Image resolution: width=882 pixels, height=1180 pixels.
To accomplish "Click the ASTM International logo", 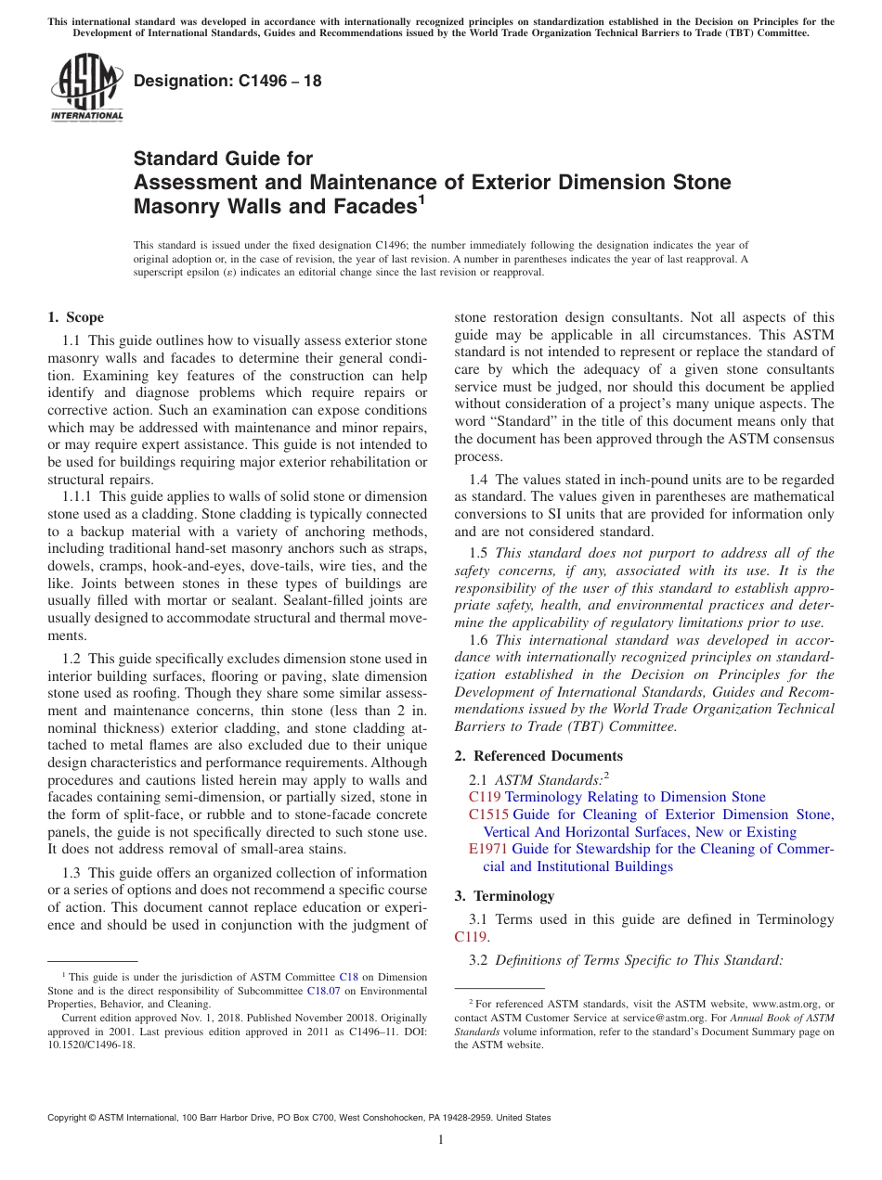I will tap(85, 87).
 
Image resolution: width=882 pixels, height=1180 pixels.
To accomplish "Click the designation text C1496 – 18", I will tap(227, 81).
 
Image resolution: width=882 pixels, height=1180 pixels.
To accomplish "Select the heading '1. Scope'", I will tap(75, 317).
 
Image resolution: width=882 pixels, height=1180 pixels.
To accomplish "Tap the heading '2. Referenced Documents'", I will tap(538, 755).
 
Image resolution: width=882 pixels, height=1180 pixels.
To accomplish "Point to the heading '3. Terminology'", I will tap(504, 895).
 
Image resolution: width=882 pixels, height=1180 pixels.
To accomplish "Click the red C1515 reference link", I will tap(488, 814).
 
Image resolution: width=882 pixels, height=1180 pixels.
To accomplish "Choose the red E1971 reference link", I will tap(488, 849).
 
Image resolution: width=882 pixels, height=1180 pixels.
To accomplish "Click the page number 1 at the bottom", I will tap(441, 1139).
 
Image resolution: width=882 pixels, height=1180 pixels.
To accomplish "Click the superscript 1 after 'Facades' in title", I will tap(422, 199).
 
